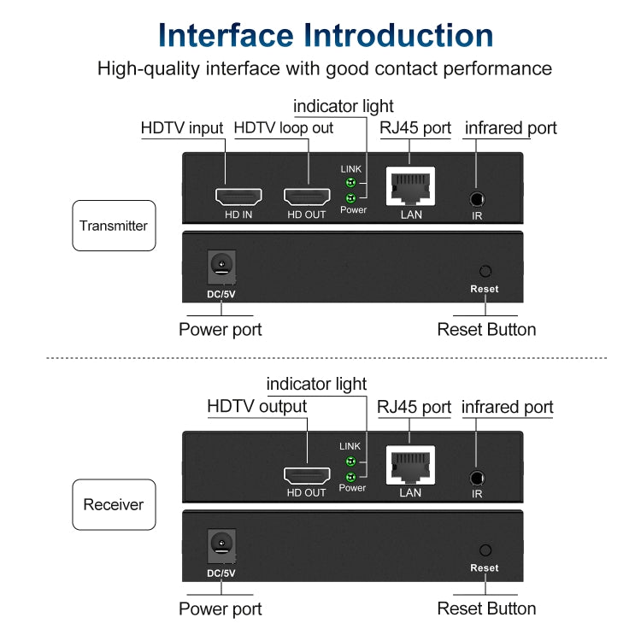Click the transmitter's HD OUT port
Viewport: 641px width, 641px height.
[306, 197]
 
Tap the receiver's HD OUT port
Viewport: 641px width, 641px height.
[306, 476]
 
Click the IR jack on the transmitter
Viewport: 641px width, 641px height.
[477, 198]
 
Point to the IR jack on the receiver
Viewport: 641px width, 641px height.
[477, 478]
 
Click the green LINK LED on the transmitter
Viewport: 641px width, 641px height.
[349, 183]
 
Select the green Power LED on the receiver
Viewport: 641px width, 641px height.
[349, 476]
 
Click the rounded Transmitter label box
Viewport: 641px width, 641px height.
[114, 226]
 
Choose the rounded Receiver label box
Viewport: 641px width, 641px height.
[114, 504]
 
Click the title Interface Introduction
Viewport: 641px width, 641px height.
[326, 35]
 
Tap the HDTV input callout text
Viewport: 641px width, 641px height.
[182, 128]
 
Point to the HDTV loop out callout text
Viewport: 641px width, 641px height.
[284, 128]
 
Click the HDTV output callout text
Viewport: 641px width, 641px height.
[256, 407]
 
